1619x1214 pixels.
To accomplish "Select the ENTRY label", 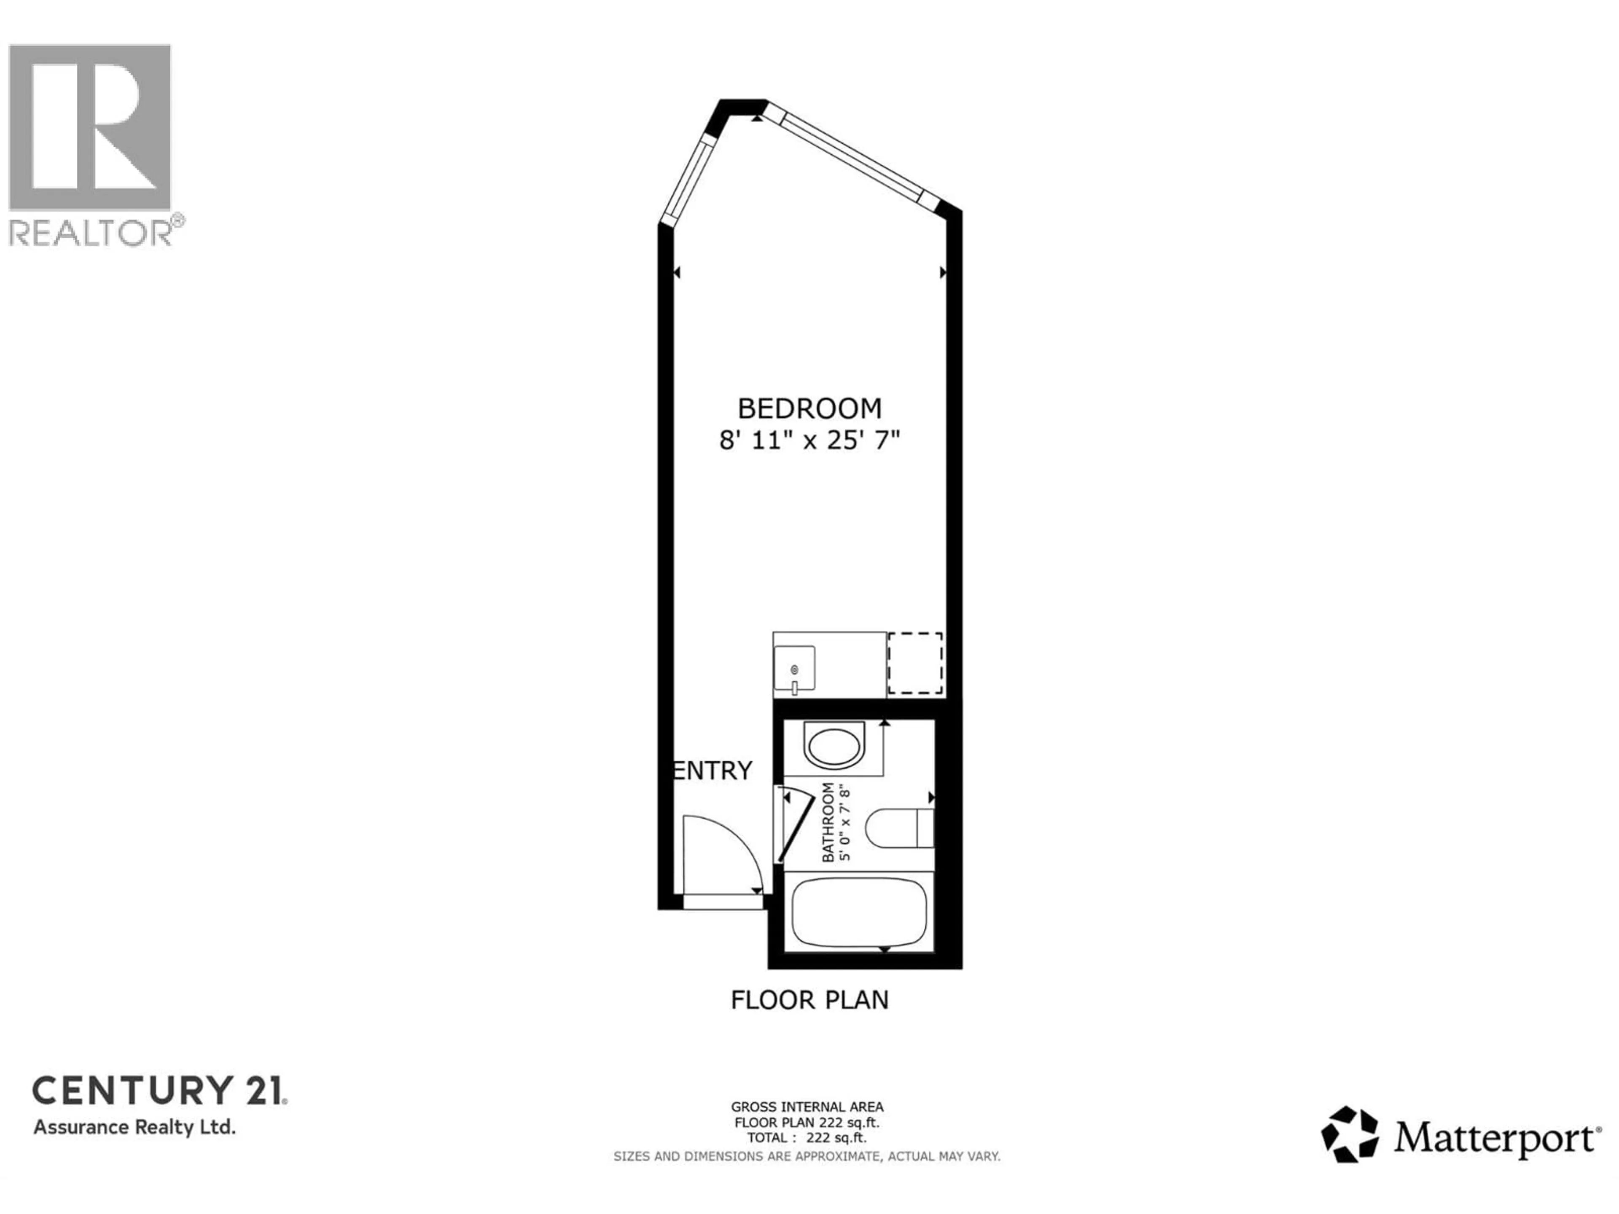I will [712, 771].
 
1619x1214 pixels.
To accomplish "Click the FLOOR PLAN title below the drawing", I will [809, 999].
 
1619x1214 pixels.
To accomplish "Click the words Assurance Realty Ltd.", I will [134, 1127].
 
